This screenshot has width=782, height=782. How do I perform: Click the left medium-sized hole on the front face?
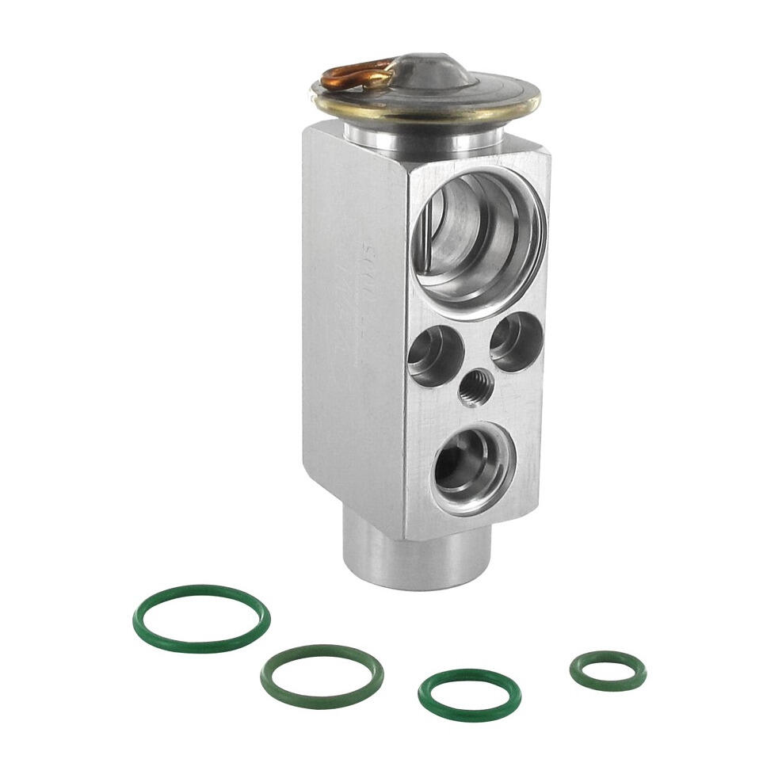click(434, 356)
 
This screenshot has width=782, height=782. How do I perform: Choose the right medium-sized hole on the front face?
click(516, 341)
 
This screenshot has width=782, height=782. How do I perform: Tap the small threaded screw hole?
click(475, 387)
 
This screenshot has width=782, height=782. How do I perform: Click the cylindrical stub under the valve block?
click(412, 559)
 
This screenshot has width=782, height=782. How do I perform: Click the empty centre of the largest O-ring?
click(200, 618)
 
